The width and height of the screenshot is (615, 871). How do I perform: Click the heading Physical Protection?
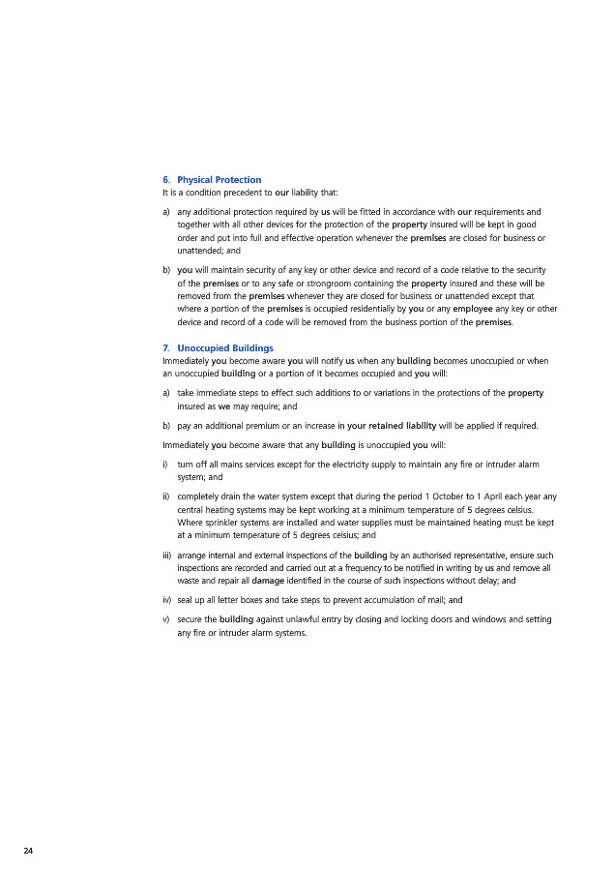pos(219,180)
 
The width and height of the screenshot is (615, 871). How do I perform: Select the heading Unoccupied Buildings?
pos(225,347)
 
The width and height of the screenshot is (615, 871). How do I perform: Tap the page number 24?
pos(28,850)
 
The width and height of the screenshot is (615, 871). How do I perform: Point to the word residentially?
pos(363,309)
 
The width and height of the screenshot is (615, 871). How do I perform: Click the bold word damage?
pos(268,581)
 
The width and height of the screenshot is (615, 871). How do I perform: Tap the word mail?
pos(432,600)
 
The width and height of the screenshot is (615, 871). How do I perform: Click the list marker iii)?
pos(166,555)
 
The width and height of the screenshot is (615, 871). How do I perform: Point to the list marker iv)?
pos(166,600)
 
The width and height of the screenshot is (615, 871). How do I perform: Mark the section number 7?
pos(165,347)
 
